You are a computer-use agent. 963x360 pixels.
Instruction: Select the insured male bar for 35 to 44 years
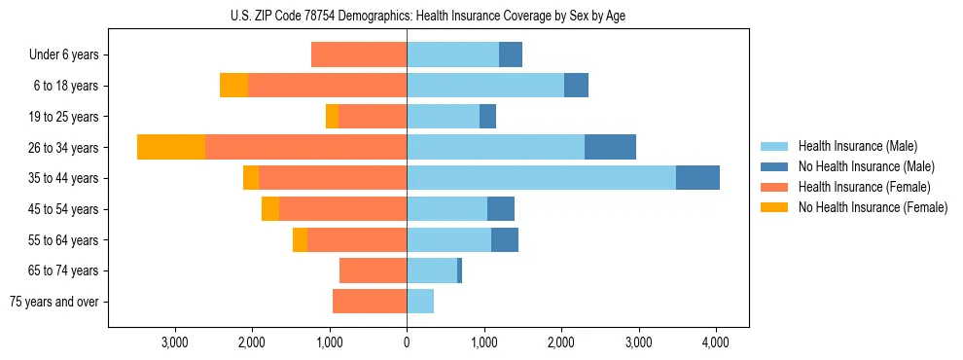pos(541,177)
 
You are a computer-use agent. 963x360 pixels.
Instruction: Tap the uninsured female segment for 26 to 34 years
pos(171,147)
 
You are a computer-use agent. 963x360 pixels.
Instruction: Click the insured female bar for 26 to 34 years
pos(305,147)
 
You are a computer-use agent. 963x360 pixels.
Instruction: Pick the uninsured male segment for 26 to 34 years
pos(610,147)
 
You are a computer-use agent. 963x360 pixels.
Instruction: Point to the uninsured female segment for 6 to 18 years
pos(233,86)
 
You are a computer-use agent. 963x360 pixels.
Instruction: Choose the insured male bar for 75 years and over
pos(420,302)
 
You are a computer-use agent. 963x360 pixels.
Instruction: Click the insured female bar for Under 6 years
pos(359,54)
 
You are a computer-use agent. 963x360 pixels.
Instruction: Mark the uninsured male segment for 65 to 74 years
pos(459,270)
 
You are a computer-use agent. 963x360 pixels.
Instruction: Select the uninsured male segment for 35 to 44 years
pos(697,177)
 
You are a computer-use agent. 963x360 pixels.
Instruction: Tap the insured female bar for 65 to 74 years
pos(373,270)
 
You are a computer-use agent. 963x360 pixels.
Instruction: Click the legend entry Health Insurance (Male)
pos(857,146)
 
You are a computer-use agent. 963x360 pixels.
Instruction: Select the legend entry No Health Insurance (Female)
pos(873,207)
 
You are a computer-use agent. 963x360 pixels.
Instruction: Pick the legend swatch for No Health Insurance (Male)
pos(774,166)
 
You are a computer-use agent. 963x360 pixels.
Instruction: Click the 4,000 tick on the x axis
pos(716,342)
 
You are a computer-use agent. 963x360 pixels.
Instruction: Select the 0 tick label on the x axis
pos(407,342)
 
